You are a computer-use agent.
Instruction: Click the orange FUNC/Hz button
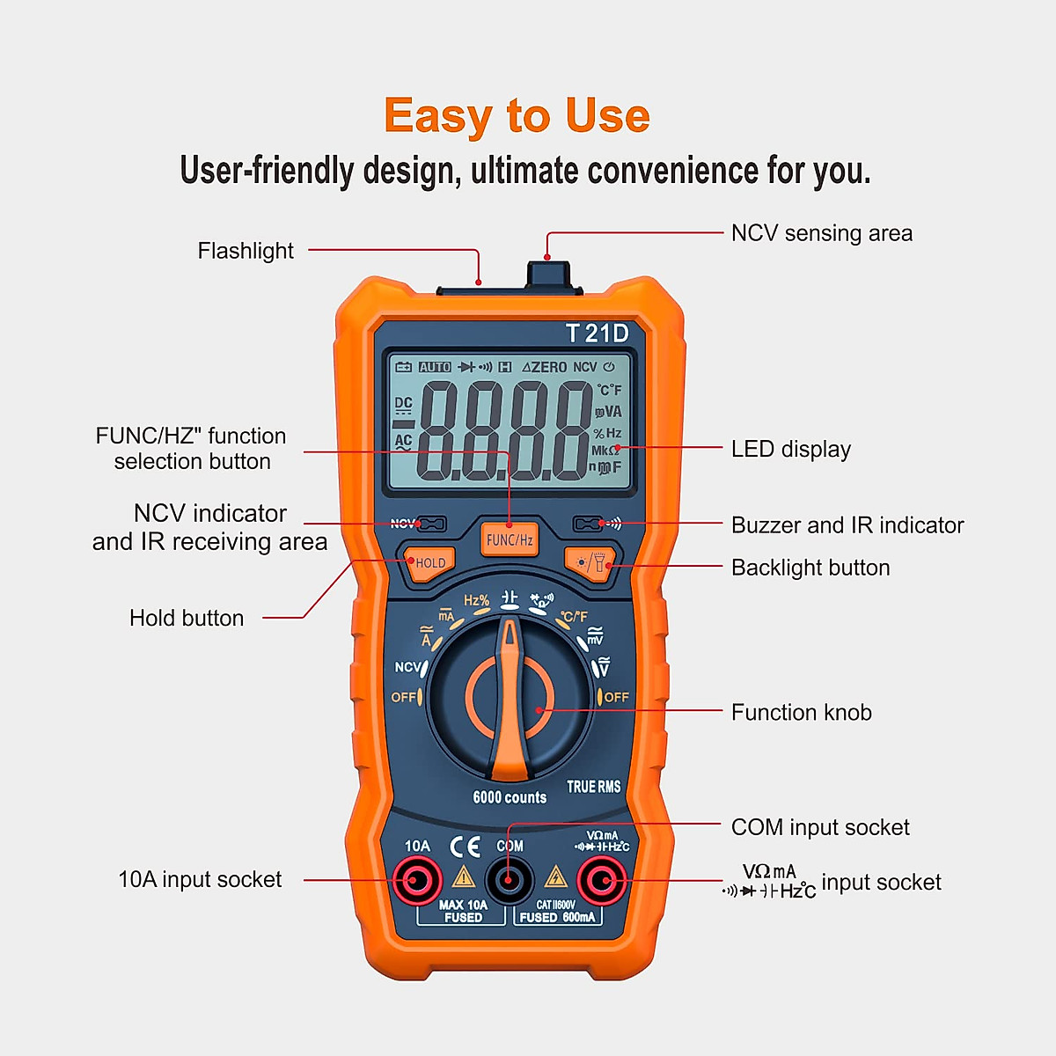click(510, 539)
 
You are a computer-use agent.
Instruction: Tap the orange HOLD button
click(429, 563)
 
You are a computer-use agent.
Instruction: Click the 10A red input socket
click(417, 880)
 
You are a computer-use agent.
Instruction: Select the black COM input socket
click(510, 880)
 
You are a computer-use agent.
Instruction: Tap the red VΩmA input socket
click(602, 880)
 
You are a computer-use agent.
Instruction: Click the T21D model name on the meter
click(597, 334)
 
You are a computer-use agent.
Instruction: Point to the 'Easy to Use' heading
click(517, 116)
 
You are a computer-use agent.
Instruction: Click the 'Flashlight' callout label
click(246, 251)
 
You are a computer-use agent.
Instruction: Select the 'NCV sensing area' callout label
click(821, 233)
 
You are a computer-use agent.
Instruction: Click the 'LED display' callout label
click(790, 449)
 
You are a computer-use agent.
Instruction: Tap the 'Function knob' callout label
click(801, 712)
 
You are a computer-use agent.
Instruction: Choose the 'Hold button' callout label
click(187, 618)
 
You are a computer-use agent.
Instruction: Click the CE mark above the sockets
click(466, 847)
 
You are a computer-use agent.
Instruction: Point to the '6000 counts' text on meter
click(510, 797)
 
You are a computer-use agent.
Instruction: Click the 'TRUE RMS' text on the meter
click(593, 787)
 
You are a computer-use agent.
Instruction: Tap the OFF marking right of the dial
click(615, 697)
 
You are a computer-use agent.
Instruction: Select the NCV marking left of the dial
click(407, 667)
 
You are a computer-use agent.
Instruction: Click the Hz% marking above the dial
click(476, 600)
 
